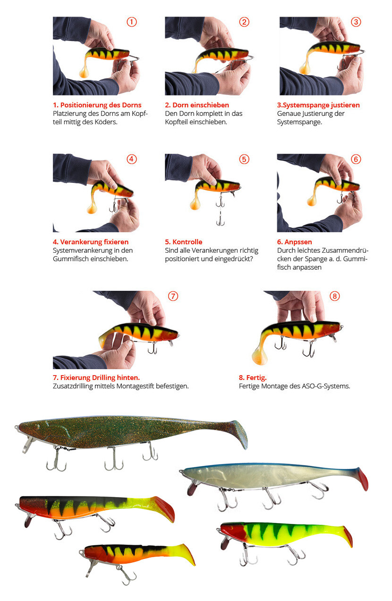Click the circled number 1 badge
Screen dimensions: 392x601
[x=131, y=22]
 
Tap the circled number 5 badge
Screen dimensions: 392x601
[x=244, y=159]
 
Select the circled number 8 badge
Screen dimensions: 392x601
[x=335, y=296]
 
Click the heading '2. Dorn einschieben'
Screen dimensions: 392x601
[x=197, y=105]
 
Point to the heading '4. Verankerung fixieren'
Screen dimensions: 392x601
[x=91, y=242]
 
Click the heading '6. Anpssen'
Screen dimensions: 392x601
[x=294, y=242]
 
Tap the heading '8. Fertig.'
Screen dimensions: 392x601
[x=253, y=378]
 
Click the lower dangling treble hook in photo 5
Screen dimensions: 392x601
[x=220, y=220]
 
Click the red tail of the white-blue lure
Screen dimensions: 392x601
[x=363, y=480]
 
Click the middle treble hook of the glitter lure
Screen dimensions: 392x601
[x=114, y=459]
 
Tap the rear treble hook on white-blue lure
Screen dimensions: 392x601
[x=319, y=489]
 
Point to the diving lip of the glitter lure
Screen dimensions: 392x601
[x=27, y=445]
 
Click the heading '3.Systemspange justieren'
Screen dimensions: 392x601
[x=318, y=105]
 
